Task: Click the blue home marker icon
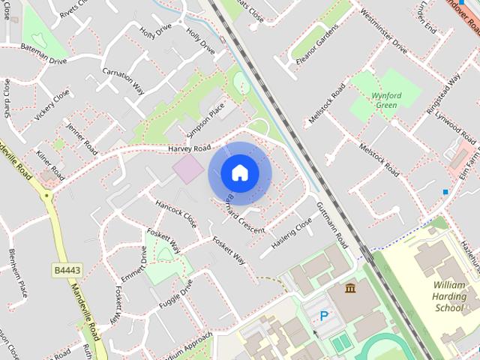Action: coord(240,172)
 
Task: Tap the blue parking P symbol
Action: coord(324,316)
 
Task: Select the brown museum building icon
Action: coord(350,288)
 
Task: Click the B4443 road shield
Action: coord(67,269)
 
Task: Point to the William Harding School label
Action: coord(449,296)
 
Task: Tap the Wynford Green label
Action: coord(385,100)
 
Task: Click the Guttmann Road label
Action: coord(332,226)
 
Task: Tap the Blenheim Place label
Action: coord(18,273)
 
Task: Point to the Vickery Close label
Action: coord(52,104)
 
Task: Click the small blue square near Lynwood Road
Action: coord(445,192)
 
